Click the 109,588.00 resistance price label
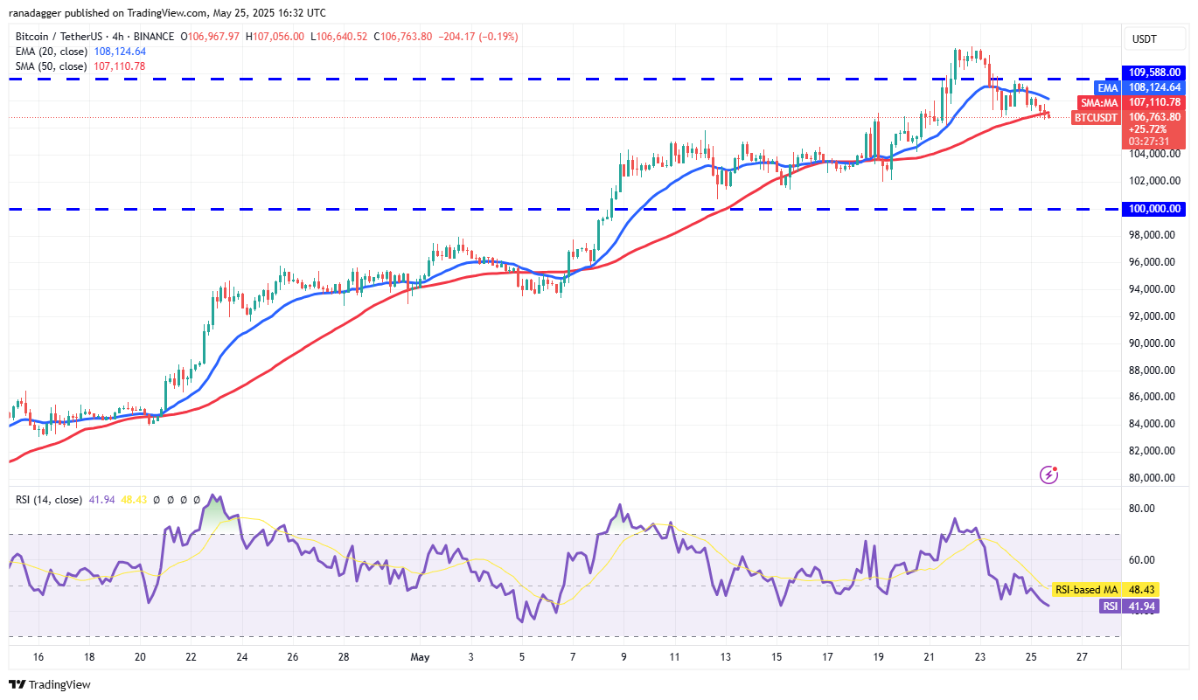(1152, 72)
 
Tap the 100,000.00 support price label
(1152, 209)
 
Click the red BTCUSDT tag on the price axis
(1097, 117)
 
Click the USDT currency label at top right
(1145, 39)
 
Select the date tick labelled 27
(1082, 656)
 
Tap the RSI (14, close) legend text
(49, 500)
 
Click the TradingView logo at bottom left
(50, 684)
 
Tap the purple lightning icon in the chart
(1049, 475)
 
